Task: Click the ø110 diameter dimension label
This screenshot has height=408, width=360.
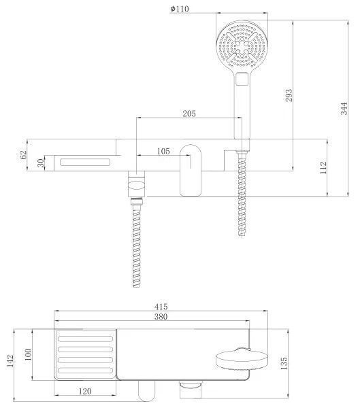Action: tap(180, 9)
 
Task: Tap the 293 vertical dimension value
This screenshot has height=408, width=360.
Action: tap(289, 95)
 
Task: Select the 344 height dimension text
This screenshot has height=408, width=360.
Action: tap(344, 109)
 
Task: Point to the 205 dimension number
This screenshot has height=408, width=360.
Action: tap(189, 114)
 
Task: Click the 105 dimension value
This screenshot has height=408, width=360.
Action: tap(163, 151)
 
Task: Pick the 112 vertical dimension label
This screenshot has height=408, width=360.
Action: tap(323, 168)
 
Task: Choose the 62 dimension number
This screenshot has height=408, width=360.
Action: tap(23, 155)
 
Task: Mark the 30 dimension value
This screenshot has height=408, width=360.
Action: tap(41, 163)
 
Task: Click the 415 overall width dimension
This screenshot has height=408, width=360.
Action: tap(161, 307)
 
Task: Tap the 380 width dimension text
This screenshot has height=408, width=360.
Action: tap(161, 317)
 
